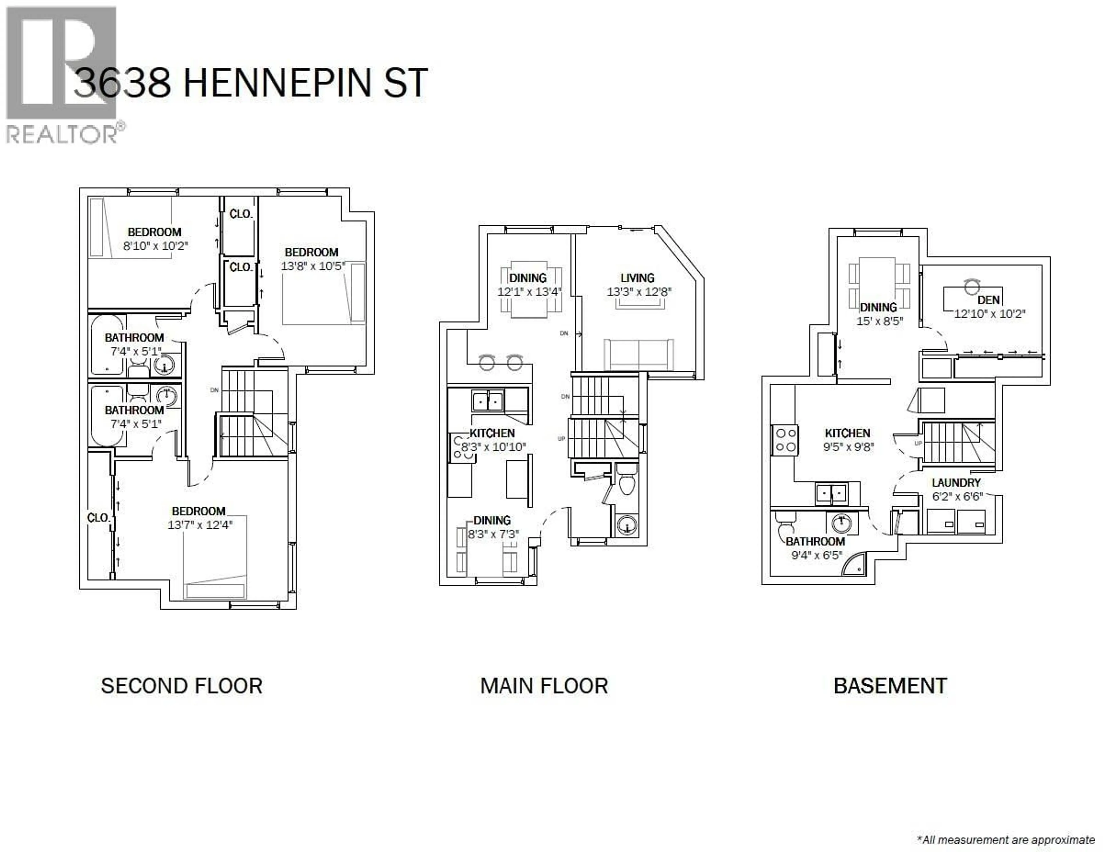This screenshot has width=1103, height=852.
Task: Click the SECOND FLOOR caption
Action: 181,686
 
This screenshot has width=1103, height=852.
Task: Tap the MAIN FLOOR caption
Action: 544,686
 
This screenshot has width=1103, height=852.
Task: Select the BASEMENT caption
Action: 890,686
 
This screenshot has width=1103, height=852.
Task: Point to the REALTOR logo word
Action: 62,135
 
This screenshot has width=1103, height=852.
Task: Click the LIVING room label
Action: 637,278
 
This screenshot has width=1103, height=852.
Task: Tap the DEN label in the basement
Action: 988,300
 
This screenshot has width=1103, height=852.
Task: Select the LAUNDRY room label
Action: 956,482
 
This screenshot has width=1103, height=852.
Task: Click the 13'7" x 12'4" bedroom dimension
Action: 200,525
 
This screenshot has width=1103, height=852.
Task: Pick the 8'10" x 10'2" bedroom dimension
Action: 156,246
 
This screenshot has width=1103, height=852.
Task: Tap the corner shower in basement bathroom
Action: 855,564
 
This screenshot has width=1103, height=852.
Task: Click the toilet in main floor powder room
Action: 627,483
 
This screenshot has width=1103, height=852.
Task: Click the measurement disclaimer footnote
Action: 1006,840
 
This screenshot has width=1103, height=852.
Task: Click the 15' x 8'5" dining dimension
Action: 879,321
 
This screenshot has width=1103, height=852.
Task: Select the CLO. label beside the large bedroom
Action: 98,518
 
